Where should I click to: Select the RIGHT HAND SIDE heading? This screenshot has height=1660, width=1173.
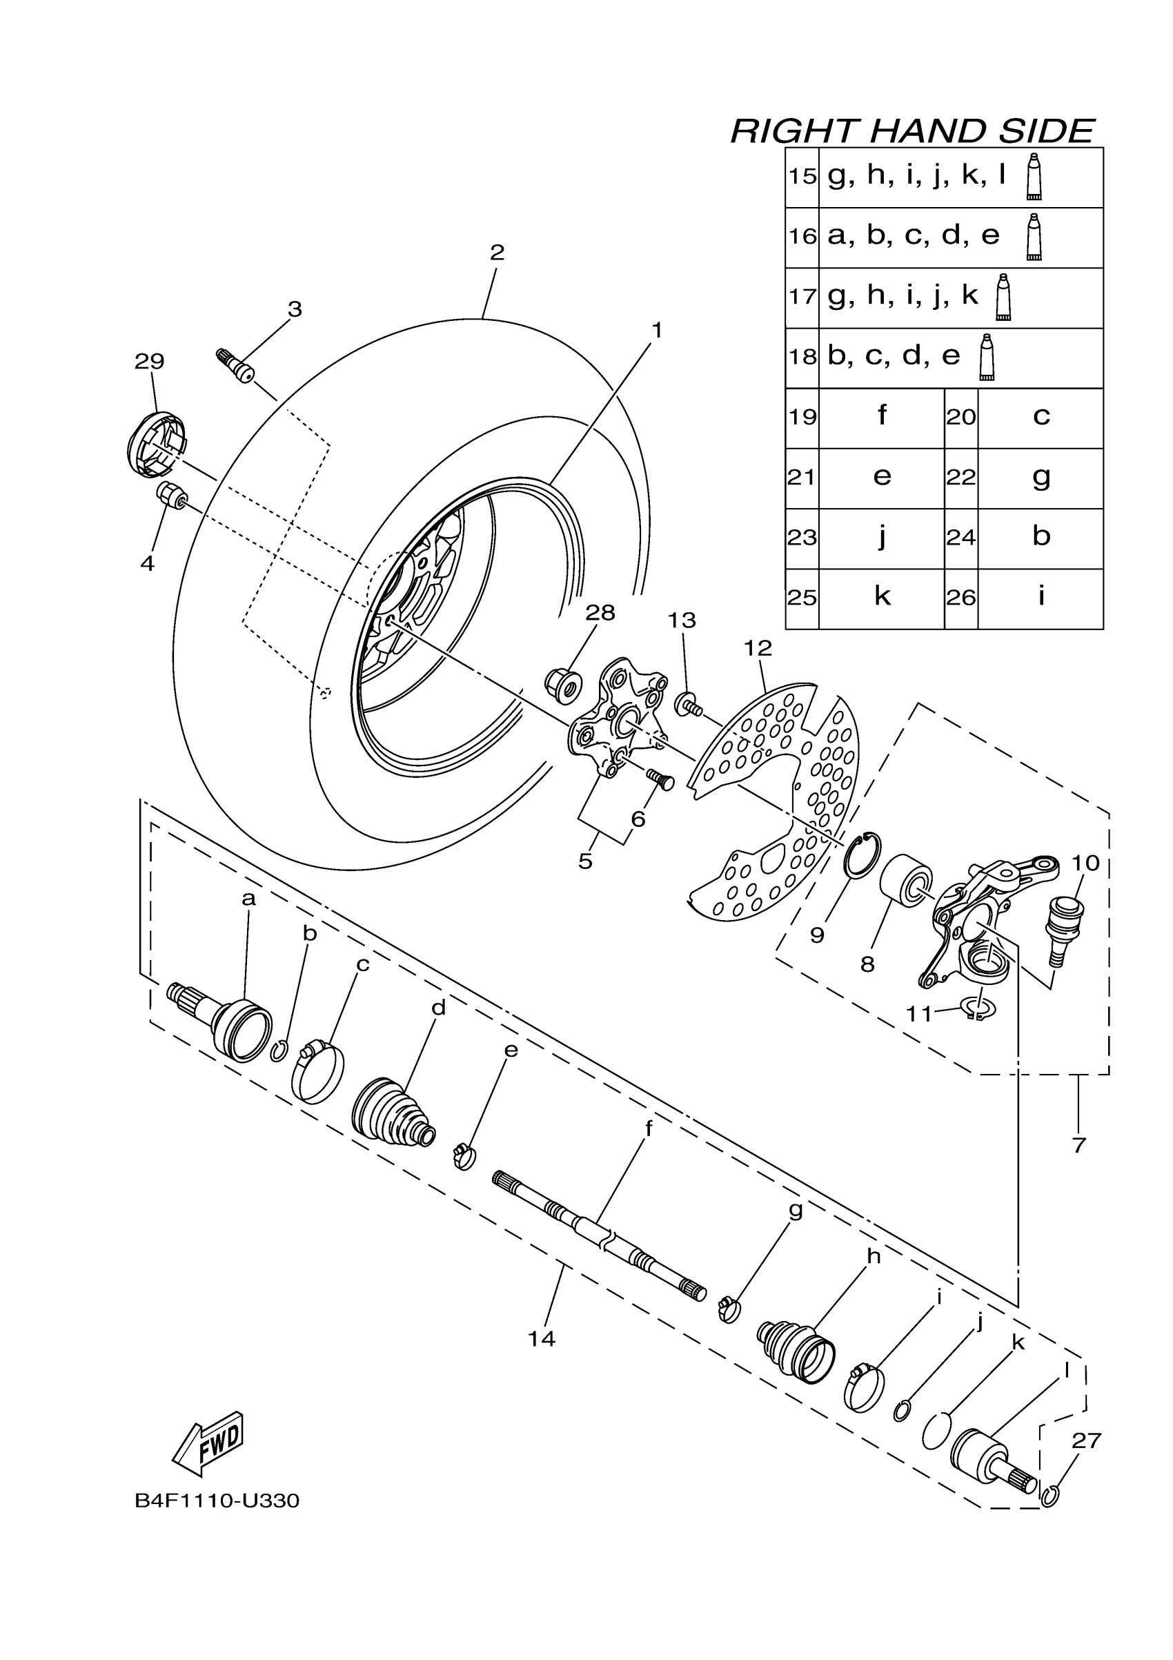(912, 132)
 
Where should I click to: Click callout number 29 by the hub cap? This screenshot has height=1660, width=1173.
(150, 361)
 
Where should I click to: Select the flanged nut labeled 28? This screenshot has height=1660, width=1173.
(563, 683)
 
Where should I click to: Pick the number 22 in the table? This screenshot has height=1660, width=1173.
(960, 478)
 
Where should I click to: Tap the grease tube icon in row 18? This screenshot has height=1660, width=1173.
(987, 357)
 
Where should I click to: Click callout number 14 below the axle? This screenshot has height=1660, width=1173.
(542, 1339)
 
